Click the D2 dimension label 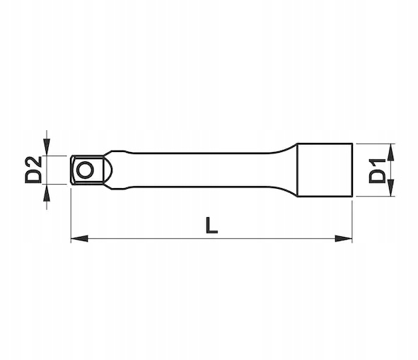33,170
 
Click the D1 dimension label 377,170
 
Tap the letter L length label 212,226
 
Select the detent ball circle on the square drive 86,170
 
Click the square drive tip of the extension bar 87,170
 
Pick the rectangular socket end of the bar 325,170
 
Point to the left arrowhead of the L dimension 79,238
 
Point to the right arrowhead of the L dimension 344,238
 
